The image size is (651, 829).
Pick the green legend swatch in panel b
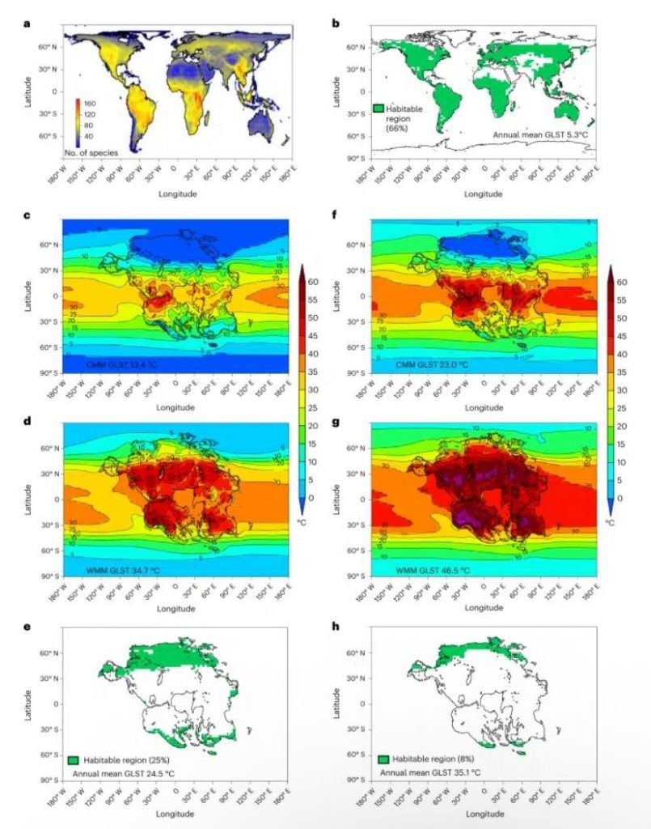click(378, 108)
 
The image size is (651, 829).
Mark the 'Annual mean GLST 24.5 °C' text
click(124, 775)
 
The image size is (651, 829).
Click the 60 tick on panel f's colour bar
click(620, 283)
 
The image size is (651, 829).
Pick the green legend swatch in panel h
click(383, 761)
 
